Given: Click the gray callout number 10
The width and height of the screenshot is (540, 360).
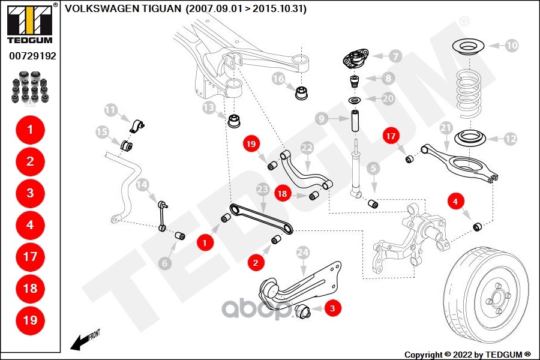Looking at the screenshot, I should (x=511, y=44).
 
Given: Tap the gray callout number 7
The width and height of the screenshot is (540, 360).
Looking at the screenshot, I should (x=394, y=56).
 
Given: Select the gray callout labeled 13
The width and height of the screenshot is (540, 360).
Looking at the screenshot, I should (x=208, y=108).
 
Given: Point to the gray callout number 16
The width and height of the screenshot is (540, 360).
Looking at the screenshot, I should (x=278, y=79).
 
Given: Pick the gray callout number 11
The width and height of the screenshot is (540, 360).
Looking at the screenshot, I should (x=110, y=110).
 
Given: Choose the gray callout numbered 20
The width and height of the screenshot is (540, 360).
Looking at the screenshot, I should (x=388, y=98).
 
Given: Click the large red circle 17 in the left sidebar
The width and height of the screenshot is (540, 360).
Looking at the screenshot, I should (x=30, y=257).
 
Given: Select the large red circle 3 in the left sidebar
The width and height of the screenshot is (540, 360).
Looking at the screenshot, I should (x=30, y=193).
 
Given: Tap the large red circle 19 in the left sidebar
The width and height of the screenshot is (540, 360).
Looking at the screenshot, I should (x=30, y=320).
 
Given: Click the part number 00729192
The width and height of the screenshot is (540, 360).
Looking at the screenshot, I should (x=32, y=56).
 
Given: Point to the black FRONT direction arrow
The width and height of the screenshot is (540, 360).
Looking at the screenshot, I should (x=78, y=343).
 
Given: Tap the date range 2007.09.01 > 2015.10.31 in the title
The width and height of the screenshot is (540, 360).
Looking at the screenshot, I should (x=246, y=9).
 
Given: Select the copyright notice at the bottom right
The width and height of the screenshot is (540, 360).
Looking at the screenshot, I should (x=468, y=355).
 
